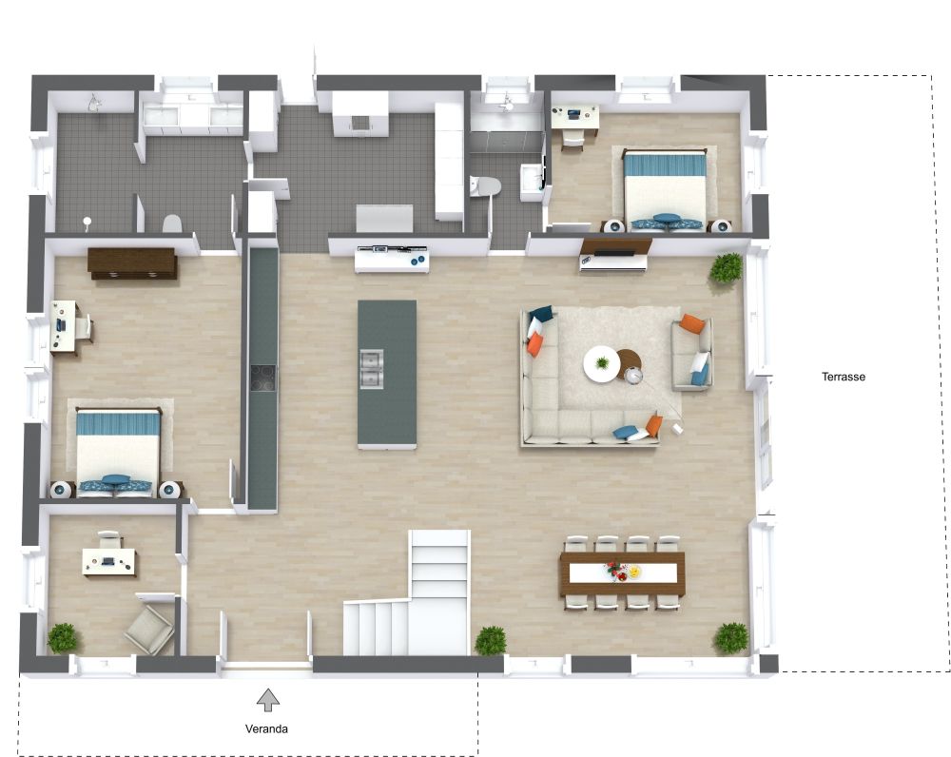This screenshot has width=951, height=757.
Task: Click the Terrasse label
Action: click(843, 377)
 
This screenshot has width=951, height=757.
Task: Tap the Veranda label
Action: click(266, 729)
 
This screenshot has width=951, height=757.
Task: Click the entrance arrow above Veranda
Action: click(267, 700)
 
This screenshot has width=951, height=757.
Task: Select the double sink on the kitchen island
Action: click(371, 368)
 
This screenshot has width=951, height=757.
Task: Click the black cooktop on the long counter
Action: click(262, 378)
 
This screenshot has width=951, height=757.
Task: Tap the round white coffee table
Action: click(602, 364)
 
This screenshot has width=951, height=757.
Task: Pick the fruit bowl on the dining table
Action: click(633, 572)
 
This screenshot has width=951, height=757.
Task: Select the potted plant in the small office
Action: click(63, 639)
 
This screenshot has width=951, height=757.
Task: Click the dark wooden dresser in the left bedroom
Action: click(132, 263)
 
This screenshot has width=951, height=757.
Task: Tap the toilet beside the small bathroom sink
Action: click(485, 186)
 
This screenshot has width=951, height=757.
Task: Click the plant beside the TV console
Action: click(726, 268)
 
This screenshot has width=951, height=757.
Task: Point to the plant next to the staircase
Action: click(490, 641)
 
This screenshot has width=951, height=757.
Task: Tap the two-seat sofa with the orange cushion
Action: click(691, 353)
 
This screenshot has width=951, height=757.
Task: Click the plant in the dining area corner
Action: click(730, 638)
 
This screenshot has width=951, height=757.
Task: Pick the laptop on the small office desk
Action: click(108, 561)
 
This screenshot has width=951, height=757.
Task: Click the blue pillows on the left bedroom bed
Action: click(115, 483)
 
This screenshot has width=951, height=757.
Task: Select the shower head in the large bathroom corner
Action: click(93, 103)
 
